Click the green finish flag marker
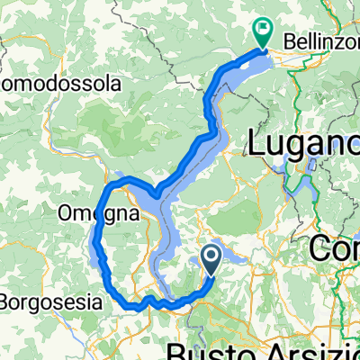tap(263, 33)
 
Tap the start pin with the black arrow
tap(212, 261)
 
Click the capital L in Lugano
tap(256, 144)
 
